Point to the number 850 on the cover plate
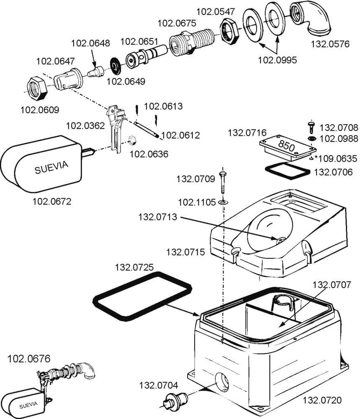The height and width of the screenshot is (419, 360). click(287, 147)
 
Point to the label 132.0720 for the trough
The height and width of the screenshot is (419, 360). click(322, 400)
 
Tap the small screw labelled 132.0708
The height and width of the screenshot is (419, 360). click(311, 127)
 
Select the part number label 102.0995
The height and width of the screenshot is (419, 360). click(277, 59)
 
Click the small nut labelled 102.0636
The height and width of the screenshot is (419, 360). click(133, 140)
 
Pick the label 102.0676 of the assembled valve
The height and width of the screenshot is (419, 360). click(29, 359)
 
